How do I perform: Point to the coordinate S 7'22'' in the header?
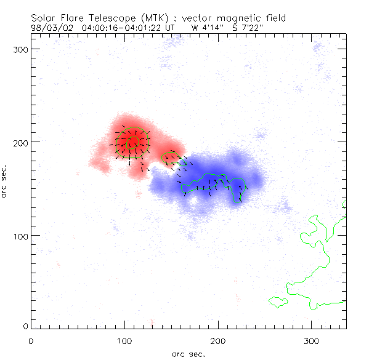tap(248, 27)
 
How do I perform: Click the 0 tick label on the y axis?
tap(25, 326)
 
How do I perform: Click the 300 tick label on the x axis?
tap(312, 340)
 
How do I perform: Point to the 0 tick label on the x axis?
tap(31, 340)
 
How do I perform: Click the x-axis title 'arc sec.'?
tap(188, 353)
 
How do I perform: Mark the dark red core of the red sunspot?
tap(130, 142)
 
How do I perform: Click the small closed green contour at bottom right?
tap(278, 302)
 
